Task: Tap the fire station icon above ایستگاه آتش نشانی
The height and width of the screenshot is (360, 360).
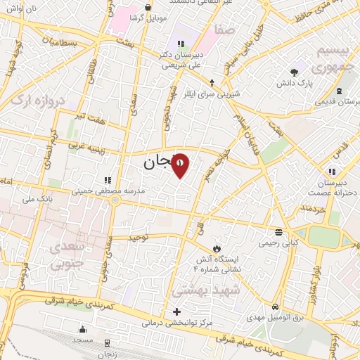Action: (217, 248)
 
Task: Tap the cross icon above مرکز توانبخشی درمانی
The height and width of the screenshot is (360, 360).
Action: (176, 311)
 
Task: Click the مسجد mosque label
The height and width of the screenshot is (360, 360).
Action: (84, 340)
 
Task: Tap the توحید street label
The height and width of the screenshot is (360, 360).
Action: (140, 237)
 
